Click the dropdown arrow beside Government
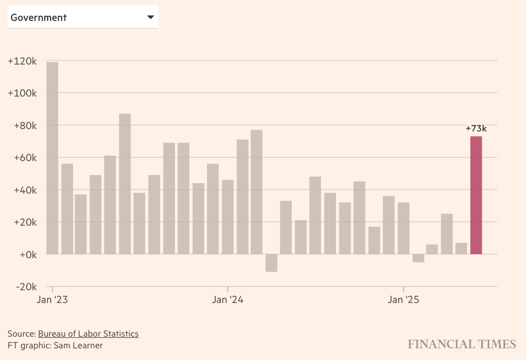click(x=151, y=17)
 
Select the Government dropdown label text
click(x=38, y=17)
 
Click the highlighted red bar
click(x=476, y=195)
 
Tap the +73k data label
click(x=476, y=129)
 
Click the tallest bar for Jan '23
click(x=52, y=158)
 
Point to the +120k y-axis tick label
click(x=23, y=61)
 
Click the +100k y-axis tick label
click(x=23, y=93)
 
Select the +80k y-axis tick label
click(x=24, y=126)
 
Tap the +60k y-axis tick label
click(x=24, y=158)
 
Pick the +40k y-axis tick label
click(x=24, y=190)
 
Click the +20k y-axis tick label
click(x=24, y=222)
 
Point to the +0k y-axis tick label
click(x=26, y=255)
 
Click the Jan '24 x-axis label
click(x=228, y=300)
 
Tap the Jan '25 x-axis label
click(x=403, y=300)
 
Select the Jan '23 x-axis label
click(x=52, y=300)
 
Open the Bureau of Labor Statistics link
click(x=88, y=334)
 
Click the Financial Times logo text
click(x=461, y=344)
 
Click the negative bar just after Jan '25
click(x=418, y=258)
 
